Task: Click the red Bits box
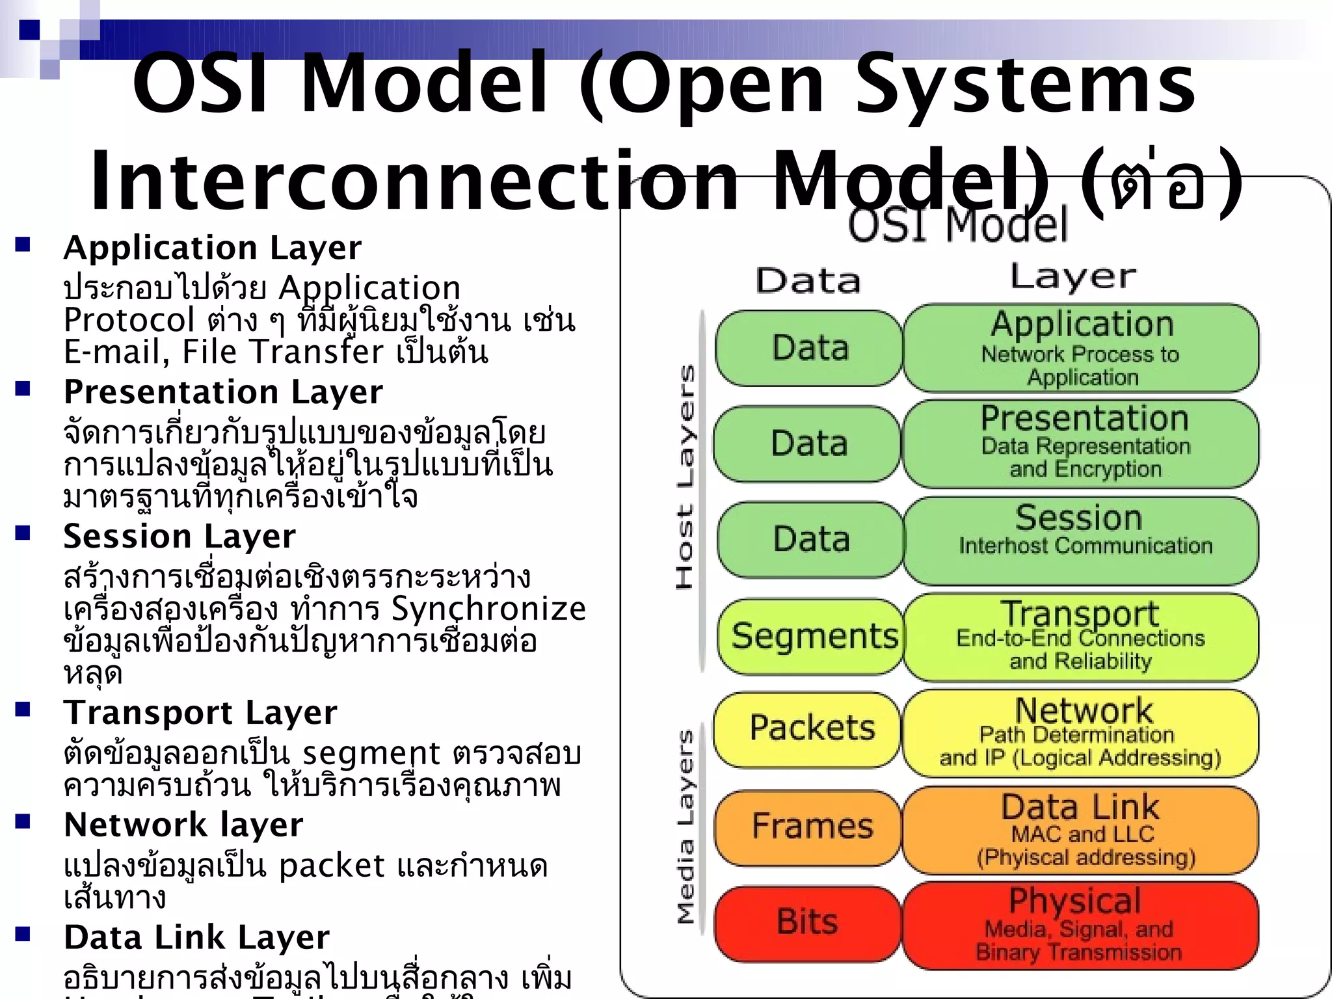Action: pos(807,922)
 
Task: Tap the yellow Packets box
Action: pos(808,728)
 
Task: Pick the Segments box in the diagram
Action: pos(812,636)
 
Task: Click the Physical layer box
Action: pos(1080,926)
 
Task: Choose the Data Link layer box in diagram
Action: pos(1080,830)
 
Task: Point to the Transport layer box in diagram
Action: pos(1080,637)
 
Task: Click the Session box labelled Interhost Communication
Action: pos(1080,540)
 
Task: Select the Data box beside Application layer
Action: pos(809,348)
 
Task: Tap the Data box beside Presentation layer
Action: pos(808,444)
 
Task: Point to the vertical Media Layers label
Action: pos(685,826)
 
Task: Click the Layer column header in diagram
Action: pos(1073,276)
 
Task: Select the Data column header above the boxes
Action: pos(808,281)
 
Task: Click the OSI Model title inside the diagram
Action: pos(957,224)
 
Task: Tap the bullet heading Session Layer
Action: pos(179,537)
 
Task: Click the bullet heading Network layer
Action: pos(183,825)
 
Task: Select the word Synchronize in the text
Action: pos(488,609)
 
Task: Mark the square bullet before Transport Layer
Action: pos(23,709)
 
